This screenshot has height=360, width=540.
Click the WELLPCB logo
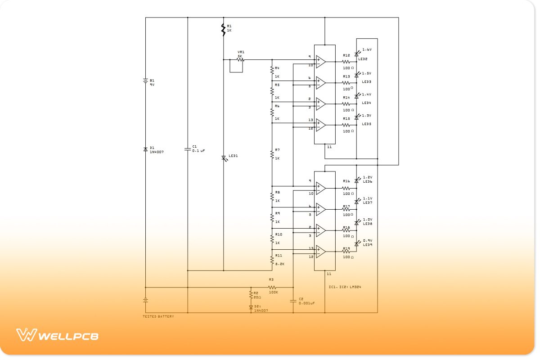coord(57,335)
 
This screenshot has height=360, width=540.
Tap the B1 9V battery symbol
coord(146,81)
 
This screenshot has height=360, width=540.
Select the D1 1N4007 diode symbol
coord(146,149)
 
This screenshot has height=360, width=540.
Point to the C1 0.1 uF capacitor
coord(188,149)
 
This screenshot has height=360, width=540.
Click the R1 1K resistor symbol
coord(223,30)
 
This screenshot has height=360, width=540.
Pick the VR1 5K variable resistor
coord(240,60)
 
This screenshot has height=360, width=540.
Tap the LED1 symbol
coord(224,158)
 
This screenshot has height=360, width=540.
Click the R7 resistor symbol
coord(272,154)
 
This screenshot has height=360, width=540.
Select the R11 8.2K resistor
coord(272,260)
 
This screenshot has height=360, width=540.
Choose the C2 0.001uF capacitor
coord(293,300)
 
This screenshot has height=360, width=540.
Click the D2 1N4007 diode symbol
coord(251,307)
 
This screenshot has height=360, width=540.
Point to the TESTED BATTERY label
coord(158,317)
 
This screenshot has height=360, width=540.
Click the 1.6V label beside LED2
coord(367,49)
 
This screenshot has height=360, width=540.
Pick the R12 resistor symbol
coord(346,62)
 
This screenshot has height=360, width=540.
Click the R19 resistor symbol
coord(346,252)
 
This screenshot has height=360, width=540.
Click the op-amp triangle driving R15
coord(320,125)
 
